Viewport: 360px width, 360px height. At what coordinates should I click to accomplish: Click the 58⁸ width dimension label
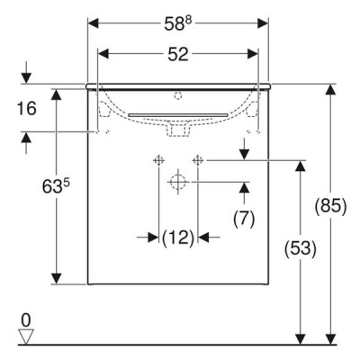[178, 23]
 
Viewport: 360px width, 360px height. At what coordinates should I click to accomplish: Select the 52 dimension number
[178, 54]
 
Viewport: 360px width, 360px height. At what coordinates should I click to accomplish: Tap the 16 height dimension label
[26, 108]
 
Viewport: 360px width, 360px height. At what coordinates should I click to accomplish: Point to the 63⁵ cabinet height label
[56, 186]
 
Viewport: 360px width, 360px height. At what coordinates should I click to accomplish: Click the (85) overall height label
[330, 206]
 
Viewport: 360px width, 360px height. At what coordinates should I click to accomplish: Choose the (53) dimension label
[301, 248]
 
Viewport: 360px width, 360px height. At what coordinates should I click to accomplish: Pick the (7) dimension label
[244, 218]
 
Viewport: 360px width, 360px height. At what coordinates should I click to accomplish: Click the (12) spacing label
[178, 238]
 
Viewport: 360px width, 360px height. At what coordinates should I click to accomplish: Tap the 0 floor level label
[26, 320]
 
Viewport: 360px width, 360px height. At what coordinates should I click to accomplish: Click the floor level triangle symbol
[26, 337]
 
